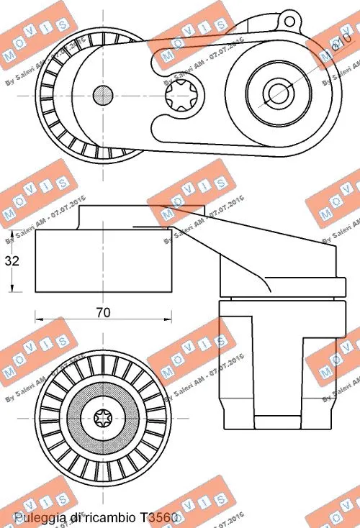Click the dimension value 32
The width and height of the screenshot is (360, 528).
click(x=11, y=261)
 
